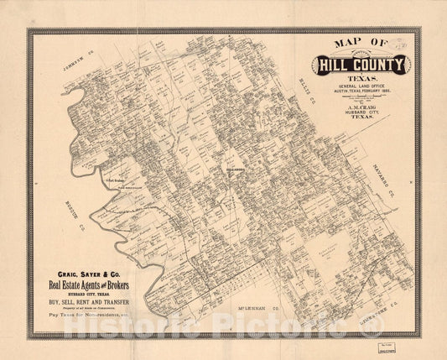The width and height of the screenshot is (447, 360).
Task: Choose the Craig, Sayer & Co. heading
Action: pyautogui.click(x=92, y=274)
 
